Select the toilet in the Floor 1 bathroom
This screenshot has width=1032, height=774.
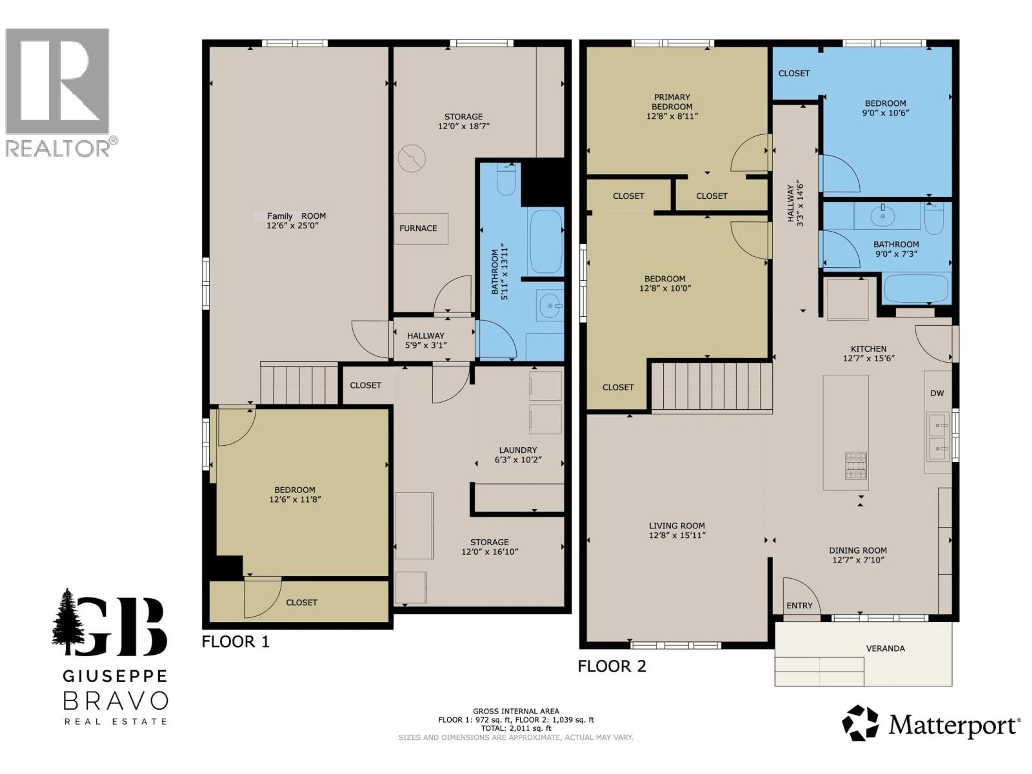(506, 180)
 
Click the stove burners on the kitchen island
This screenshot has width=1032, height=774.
(856, 466)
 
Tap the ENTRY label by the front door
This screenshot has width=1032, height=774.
(799, 605)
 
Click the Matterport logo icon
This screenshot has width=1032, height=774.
(860, 723)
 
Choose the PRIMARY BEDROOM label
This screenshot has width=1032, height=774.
(672, 102)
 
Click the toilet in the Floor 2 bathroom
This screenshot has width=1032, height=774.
(934, 219)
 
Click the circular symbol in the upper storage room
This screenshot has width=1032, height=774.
(411, 158)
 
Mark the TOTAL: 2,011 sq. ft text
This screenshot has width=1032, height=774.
(516, 728)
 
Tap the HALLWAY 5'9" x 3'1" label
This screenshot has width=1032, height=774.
(425, 340)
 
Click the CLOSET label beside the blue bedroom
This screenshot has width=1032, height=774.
(794, 73)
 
